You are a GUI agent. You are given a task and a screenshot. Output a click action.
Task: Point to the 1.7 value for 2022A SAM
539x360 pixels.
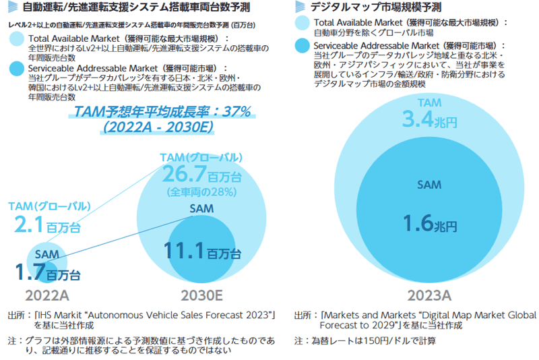[x=30, y=272]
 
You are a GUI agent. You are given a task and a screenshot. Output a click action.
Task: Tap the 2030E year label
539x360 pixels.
[x=201, y=295]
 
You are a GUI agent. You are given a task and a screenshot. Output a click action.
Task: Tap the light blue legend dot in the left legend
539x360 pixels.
[x=18, y=40]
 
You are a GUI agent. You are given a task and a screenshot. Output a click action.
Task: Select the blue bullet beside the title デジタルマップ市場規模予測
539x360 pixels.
[x=300, y=9]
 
